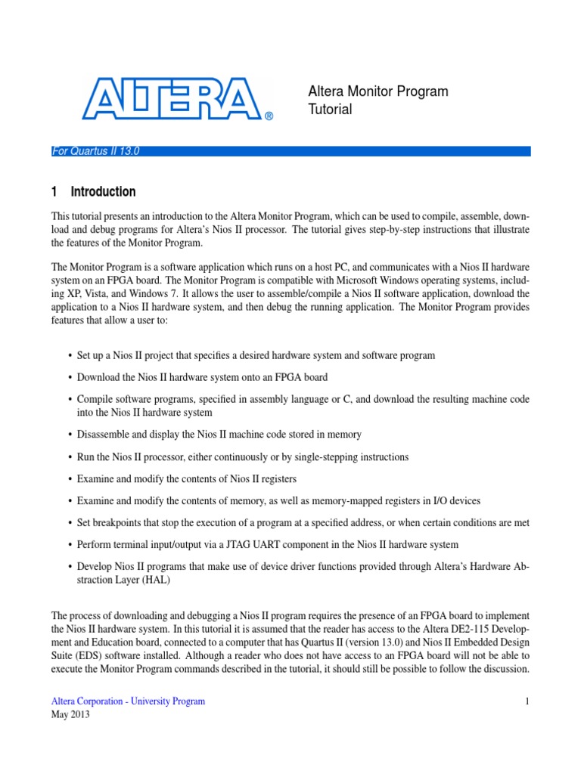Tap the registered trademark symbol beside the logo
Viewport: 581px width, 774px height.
[268, 116]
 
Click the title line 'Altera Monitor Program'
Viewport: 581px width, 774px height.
[377, 91]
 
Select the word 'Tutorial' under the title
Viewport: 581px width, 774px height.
[330, 110]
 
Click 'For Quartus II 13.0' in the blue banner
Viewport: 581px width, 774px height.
[95, 151]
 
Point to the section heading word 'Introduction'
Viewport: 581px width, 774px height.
[103, 192]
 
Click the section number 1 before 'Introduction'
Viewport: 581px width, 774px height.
[54, 192]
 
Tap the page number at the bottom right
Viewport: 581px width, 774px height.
[527, 701]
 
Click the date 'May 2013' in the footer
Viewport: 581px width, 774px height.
[70, 715]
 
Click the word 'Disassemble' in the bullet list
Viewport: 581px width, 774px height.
[104, 435]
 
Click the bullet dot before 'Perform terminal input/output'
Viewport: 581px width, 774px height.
[70, 545]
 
